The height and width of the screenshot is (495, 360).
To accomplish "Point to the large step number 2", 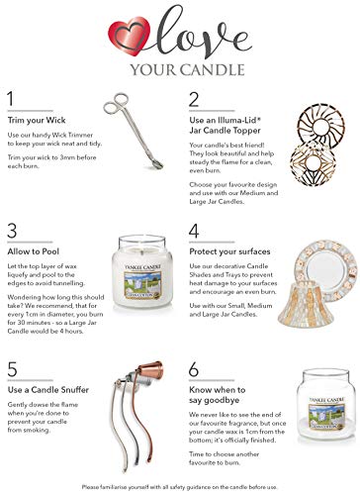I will (x=195, y=101).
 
